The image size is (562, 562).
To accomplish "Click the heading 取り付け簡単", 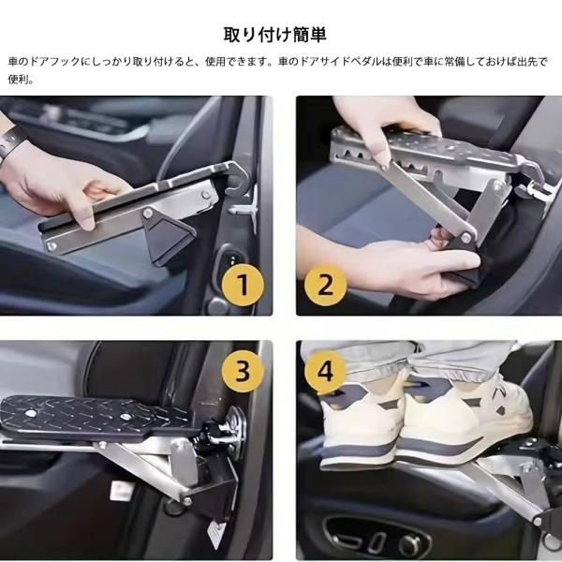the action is pyautogui.click(x=274, y=35).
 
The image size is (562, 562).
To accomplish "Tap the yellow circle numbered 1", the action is pyautogui.click(x=243, y=285).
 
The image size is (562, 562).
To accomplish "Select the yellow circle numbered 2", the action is pyautogui.click(x=325, y=285).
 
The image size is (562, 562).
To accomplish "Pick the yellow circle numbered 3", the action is pyautogui.click(x=243, y=371).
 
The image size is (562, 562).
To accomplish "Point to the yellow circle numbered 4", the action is pyautogui.click(x=325, y=371).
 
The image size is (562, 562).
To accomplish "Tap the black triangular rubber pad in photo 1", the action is pyautogui.click(x=169, y=238).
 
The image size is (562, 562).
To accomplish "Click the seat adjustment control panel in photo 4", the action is pyautogui.click(x=377, y=536).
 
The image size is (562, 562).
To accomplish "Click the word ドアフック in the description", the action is pyautogui.click(x=54, y=62).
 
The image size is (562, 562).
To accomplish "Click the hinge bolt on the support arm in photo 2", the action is pyautogui.click(x=466, y=237).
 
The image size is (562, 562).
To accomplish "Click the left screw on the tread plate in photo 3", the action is pyautogui.click(x=30, y=413).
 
